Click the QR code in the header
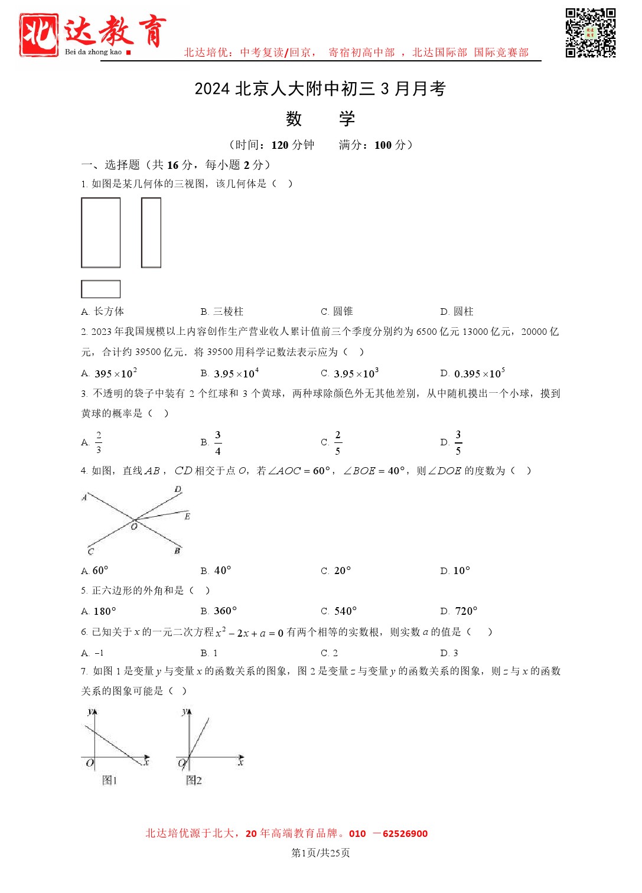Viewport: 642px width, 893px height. (590, 32)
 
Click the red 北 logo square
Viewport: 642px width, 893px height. (39, 35)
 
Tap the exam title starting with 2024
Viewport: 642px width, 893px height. (320, 89)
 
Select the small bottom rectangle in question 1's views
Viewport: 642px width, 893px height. (100, 289)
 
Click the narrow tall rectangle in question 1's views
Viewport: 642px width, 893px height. (151, 233)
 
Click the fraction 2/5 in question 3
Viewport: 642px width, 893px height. (337, 442)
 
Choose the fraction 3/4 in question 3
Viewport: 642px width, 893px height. (218, 442)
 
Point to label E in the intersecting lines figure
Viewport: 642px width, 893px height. (187, 516)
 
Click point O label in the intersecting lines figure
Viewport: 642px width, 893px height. (134, 526)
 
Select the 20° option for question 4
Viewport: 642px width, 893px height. (342, 571)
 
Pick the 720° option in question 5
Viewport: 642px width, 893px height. (465, 611)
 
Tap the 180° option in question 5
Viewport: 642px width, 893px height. (105, 611)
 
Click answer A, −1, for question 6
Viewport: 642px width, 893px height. (99, 653)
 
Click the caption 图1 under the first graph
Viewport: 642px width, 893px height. (110, 780)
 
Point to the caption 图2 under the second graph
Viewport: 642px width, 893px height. (194, 780)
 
